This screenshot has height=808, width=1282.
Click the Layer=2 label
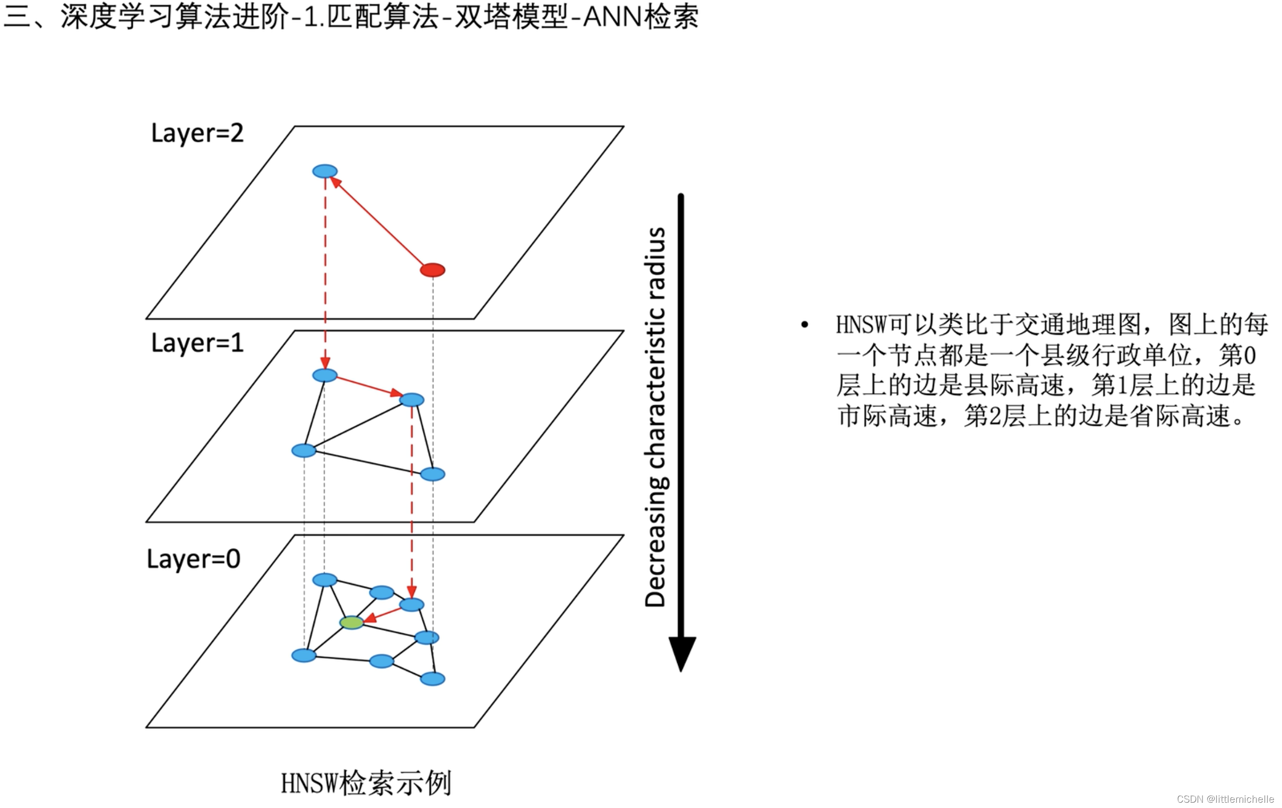click(197, 133)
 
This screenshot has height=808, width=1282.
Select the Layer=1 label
click(197, 342)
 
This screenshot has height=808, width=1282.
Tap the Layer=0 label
click(193, 558)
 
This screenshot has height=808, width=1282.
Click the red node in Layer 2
click(432, 270)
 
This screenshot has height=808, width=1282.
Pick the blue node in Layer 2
click(325, 171)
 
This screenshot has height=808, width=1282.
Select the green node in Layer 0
click(351, 622)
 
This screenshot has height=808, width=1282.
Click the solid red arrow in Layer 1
click(368, 386)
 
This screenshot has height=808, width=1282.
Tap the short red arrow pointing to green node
click(382, 614)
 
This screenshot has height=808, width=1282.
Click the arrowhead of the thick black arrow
click(681, 652)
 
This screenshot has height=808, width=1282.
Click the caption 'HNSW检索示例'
click(366, 784)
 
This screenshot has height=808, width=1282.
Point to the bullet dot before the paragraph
click(804, 324)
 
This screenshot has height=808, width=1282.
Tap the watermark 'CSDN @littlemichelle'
click(1225, 799)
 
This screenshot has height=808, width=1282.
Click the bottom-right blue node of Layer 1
click(432, 474)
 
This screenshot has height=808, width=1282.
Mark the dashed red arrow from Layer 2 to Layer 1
click(325, 272)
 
